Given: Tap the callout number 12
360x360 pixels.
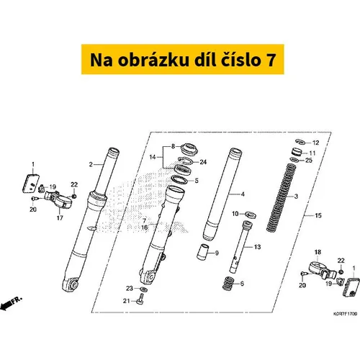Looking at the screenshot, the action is [315, 143].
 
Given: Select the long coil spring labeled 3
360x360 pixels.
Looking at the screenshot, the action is [282, 197].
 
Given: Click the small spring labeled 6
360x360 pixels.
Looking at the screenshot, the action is [228, 284].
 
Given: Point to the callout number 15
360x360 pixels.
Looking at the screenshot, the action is [318, 215].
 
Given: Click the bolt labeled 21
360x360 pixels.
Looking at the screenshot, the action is [140, 299].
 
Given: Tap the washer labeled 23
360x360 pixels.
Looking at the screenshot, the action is [143, 289].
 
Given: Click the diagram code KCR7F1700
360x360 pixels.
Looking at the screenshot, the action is [345, 314].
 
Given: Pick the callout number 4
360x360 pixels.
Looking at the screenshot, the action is [243, 194].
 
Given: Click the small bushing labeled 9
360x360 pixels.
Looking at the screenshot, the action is [202, 252].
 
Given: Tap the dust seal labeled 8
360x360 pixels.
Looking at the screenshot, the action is [189, 149].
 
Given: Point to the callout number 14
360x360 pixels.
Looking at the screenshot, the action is [153, 157].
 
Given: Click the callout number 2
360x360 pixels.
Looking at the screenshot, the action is [91, 164].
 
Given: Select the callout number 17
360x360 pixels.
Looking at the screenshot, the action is [60, 218].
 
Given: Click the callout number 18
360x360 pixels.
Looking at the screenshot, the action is [318, 252].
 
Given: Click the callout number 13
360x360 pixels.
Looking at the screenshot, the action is [257, 247].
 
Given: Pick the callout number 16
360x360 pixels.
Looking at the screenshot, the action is [145, 227].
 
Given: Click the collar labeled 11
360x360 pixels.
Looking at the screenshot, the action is [297, 152].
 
